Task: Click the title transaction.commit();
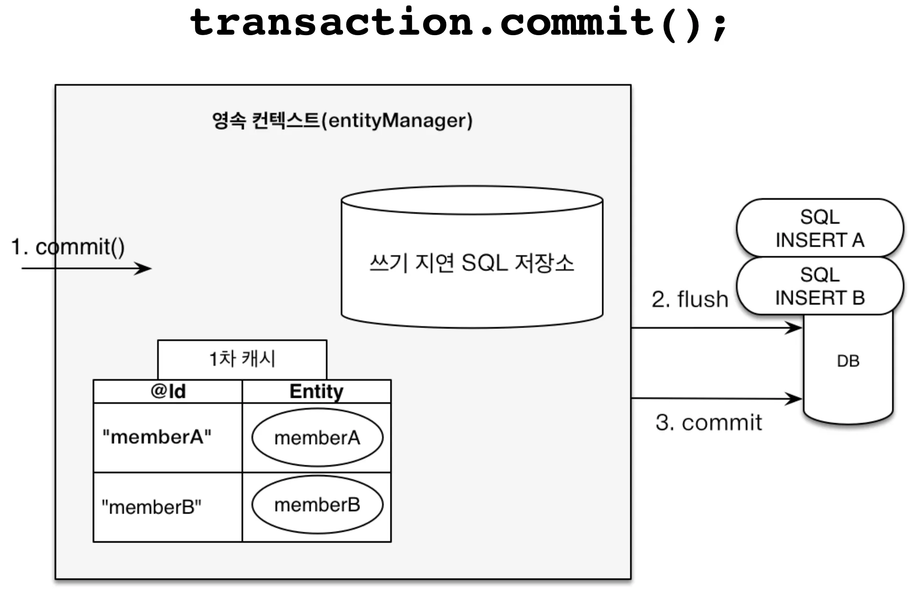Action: click(x=458, y=22)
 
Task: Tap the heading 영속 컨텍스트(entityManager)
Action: click(x=342, y=120)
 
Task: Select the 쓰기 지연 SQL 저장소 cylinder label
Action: click(x=471, y=262)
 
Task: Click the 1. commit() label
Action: click(x=68, y=247)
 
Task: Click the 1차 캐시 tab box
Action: click(x=242, y=359)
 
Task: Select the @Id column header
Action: click(x=168, y=391)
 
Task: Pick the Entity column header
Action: click(x=316, y=391)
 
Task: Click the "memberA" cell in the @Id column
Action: click(x=157, y=437)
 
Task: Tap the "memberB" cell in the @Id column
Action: click(x=152, y=507)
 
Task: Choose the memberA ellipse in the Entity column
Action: click(x=317, y=438)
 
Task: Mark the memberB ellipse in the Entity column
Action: click(x=317, y=505)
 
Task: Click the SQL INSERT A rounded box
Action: click(x=820, y=228)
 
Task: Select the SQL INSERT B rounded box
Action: click(x=820, y=286)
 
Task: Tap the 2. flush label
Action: click(x=690, y=299)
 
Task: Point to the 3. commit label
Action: click(x=709, y=423)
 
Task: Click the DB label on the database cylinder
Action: click(x=848, y=361)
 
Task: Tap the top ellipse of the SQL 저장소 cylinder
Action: click(x=472, y=201)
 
